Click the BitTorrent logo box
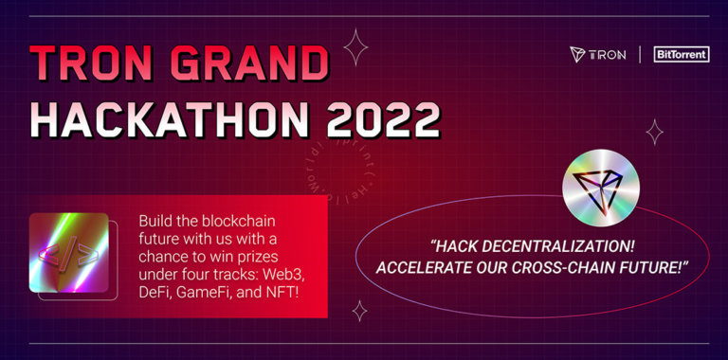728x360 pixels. coord(681,54)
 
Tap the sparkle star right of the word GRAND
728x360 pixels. coord(355,46)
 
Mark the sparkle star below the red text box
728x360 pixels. coord(359,311)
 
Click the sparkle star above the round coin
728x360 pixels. coord(654,131)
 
